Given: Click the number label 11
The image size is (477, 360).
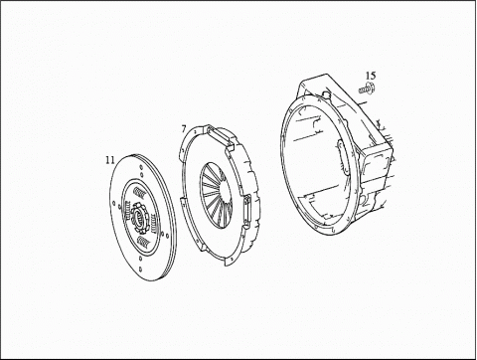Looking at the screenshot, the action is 110,160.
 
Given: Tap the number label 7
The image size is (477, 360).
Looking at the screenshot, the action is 184,128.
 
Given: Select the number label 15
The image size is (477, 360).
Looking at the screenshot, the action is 371,76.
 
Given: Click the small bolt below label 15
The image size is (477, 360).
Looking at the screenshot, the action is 367,90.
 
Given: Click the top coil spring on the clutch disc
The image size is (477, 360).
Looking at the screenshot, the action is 138,191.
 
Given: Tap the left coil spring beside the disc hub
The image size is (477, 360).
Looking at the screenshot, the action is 126,210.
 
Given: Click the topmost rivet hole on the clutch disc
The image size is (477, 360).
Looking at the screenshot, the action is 141,167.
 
